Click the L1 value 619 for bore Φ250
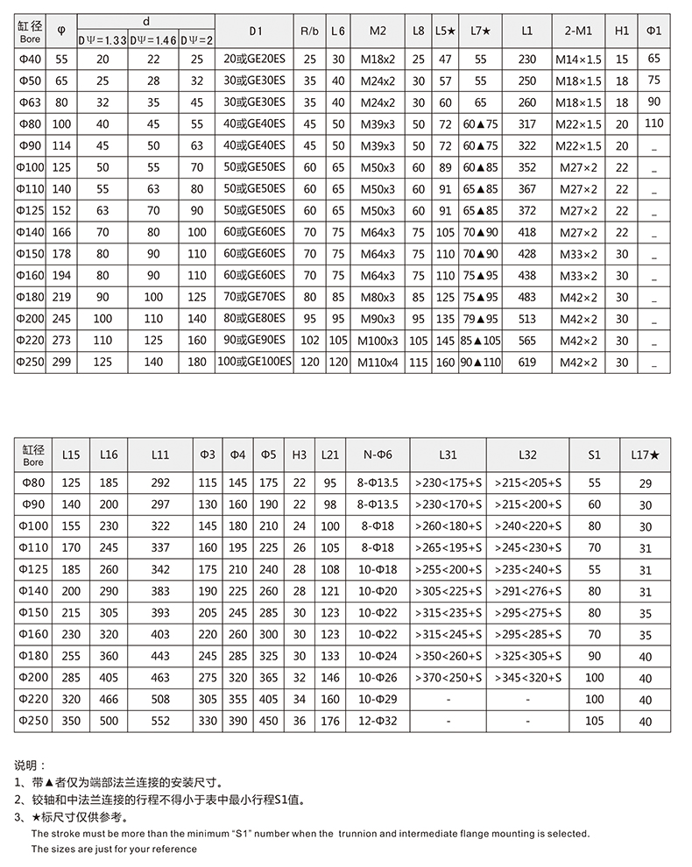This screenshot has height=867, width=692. (526, 362)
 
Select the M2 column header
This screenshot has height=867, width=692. (378, 32)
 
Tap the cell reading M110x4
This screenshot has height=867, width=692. (378, 362)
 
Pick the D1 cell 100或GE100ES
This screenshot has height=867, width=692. (255, 362)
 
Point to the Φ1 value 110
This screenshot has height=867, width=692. (653, 123)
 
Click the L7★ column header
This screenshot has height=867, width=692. (480, 32)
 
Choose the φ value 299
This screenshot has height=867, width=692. (61, 362)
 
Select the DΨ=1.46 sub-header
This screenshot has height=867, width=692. (153, 38)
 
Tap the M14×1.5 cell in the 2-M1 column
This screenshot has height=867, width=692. (578, 60)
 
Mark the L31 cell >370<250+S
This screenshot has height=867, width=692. (448, 677)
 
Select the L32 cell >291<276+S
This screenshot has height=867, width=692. (527, 592)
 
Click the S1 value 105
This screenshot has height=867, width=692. (595, 721)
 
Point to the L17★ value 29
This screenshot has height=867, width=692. (646, 483)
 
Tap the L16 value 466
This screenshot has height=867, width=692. (109, 699)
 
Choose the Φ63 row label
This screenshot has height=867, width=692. (30, 102)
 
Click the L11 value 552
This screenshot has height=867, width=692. (160, 721)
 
